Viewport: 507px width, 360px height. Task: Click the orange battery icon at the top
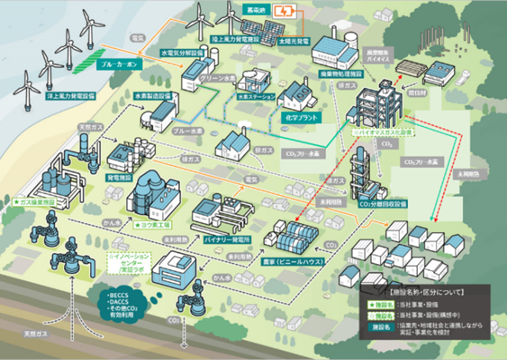tap(284, 13)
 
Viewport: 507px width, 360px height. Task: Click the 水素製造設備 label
tap(153, 96)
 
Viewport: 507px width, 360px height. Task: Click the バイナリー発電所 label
tap(227, 240)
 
